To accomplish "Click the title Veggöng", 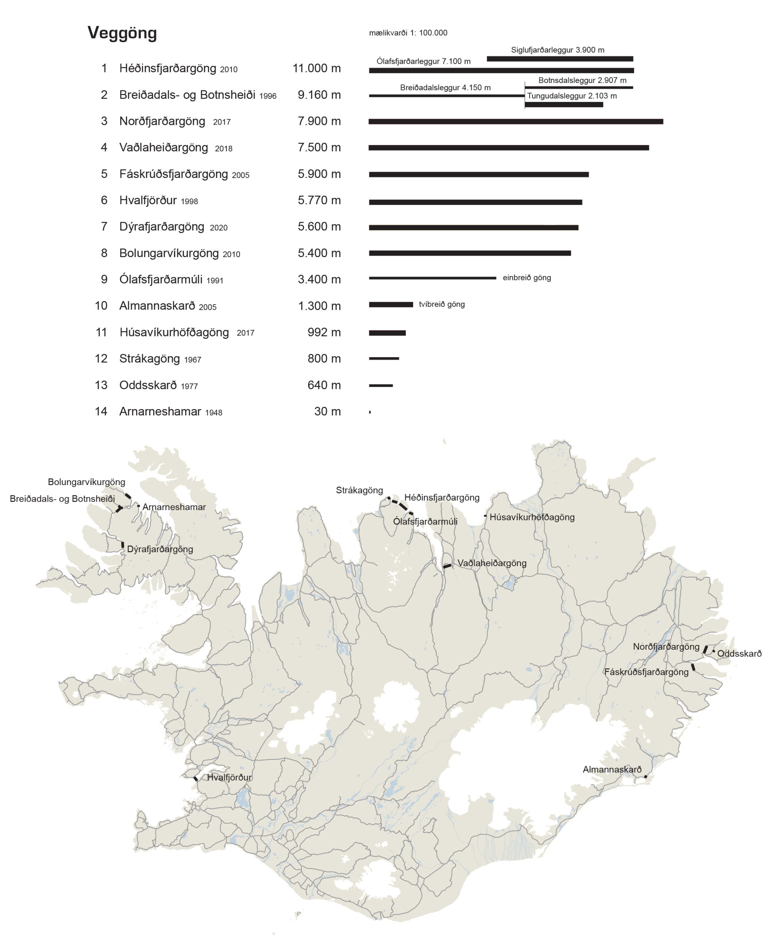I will [x=122, y=33].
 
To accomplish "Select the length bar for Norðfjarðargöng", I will [x=515, y=122].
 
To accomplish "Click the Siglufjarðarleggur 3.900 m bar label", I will [x=557, y=50].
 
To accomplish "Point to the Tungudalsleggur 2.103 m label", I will [x=572, y=96].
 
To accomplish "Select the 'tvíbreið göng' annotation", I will [x=442, y=305].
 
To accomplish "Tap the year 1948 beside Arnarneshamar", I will [x=214, y=413].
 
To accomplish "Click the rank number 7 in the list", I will [x=104, y=226].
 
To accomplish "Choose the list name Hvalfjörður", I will [x=148, y=201].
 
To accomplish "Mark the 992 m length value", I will [x=324, y=332].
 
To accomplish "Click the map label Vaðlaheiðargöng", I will [x=492, y=563].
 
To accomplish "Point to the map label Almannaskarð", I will [x=612, y=770].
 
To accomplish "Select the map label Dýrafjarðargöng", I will [x=160, y=549].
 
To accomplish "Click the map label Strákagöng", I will [x=359, y=490].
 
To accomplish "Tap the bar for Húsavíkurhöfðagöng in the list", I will [x=387, y=333].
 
